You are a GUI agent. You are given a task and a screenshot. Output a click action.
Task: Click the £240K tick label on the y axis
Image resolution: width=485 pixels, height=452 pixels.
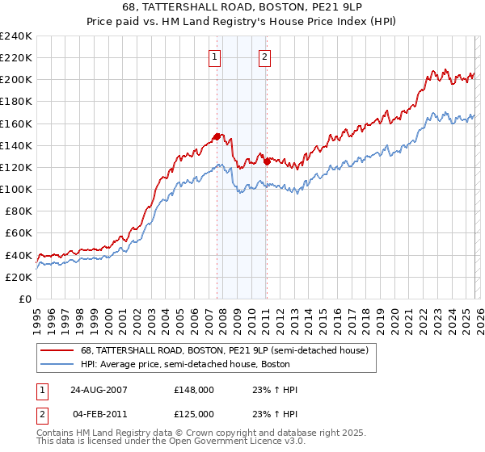coord(16,36)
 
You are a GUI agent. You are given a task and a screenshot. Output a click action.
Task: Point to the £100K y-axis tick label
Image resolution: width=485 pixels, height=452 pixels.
coord(16,189)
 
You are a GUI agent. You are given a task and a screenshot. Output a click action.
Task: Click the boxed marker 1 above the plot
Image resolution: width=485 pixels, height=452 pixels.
coord(215,56)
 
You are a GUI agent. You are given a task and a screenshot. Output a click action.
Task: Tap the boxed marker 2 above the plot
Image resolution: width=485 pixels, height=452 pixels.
coord(265,56)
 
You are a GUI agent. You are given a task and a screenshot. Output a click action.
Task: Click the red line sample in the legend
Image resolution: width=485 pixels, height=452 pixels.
coord(57,350)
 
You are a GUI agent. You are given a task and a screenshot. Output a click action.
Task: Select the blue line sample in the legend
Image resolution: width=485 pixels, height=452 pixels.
coord(57,364)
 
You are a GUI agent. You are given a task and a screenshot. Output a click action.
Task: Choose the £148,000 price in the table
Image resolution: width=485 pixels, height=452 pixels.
coord(194,390)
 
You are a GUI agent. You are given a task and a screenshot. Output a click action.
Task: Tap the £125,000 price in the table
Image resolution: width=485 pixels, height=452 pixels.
coord(194,414)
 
